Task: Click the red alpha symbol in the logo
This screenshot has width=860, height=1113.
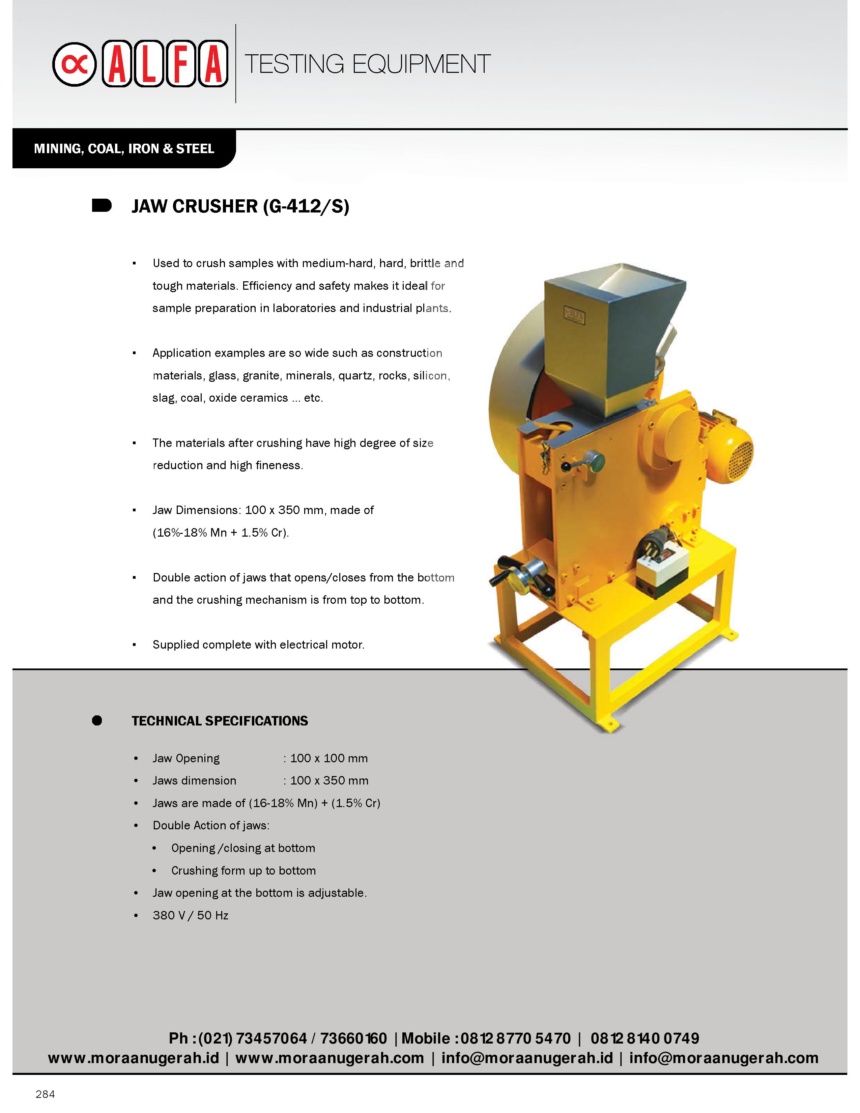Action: click(x=75, y=64)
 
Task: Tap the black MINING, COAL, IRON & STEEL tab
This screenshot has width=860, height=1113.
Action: click(x=124, y=149)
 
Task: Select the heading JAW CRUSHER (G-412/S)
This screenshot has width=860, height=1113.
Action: click(x=240, y=206)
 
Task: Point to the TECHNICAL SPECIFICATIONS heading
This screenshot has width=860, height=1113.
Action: click(x=220, y=721)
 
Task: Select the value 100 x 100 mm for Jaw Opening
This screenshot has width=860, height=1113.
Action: click(x=328, y=758)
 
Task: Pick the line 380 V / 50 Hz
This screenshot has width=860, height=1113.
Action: click(x=190, y=915)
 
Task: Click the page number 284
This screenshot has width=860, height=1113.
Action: click(x=45, y=1094)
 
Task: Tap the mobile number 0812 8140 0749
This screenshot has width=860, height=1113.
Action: click(x=644, y=1038)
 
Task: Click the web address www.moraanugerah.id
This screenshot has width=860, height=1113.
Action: click(x=134, y=1058)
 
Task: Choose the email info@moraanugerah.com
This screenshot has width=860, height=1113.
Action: click(x=723, y=1058)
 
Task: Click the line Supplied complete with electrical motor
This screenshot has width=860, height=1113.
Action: click(x=258, y=645)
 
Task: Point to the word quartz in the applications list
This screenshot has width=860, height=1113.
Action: click(x=354, y=376)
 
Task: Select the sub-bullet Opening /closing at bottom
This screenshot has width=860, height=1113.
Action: click(x=243, y=848)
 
